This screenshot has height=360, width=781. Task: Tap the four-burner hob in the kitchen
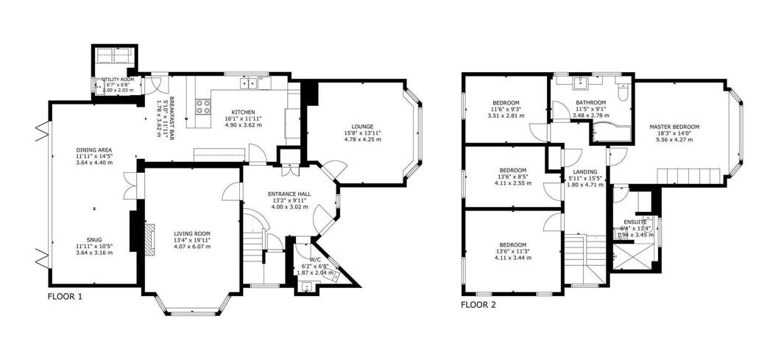201,106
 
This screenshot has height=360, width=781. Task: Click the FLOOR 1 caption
66,297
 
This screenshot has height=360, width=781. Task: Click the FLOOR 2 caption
478,303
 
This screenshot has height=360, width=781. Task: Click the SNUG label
93,239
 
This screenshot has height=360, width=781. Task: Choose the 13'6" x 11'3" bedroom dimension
512,251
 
